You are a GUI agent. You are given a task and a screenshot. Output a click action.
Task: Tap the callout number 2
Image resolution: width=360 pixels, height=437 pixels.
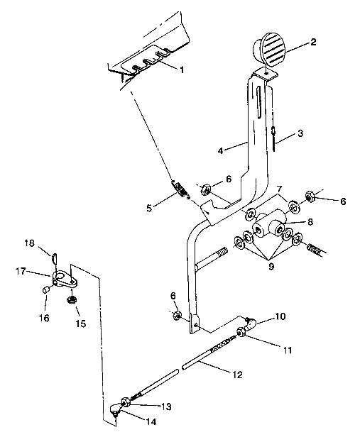click(x=313, y=42)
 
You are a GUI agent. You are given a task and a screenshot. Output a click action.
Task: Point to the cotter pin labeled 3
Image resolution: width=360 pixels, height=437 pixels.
click(x=273, y=137)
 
